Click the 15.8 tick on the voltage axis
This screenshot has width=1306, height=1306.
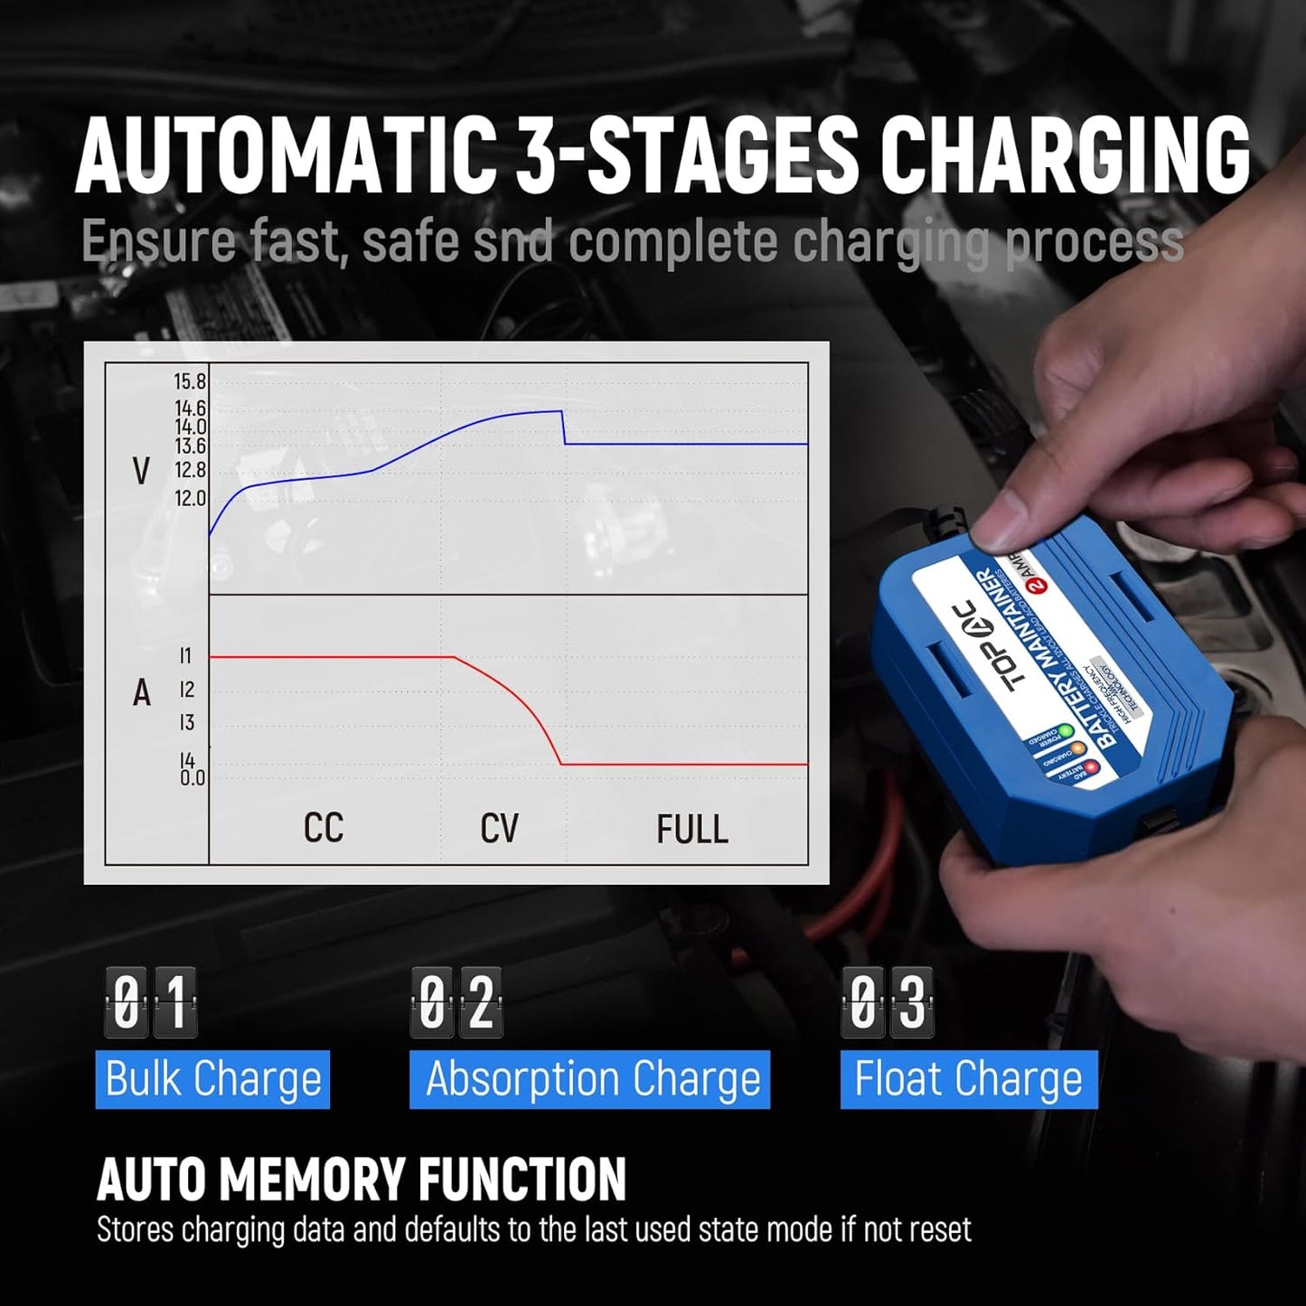click(190, 381)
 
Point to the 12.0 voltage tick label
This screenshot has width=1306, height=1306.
click(190, 498)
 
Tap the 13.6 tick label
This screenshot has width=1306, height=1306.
click(190, 446)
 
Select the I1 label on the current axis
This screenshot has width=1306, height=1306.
click(185, 656)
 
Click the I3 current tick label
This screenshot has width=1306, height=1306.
click(186, 722)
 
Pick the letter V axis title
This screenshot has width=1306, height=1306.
click(141, 471)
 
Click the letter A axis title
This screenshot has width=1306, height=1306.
click(142, 693)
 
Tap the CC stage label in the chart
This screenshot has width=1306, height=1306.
click(324, 828)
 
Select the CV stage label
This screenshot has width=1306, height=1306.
click(499, 828)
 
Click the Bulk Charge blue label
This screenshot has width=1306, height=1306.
click(213, 1079)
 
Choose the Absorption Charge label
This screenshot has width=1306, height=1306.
click(592, 1079)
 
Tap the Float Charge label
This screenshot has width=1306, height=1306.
click(968, 1079)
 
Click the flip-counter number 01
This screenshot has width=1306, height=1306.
click(151, 1001)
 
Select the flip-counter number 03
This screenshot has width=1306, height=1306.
click(888, 1001)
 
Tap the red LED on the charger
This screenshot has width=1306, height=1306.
click(1091, 767)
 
